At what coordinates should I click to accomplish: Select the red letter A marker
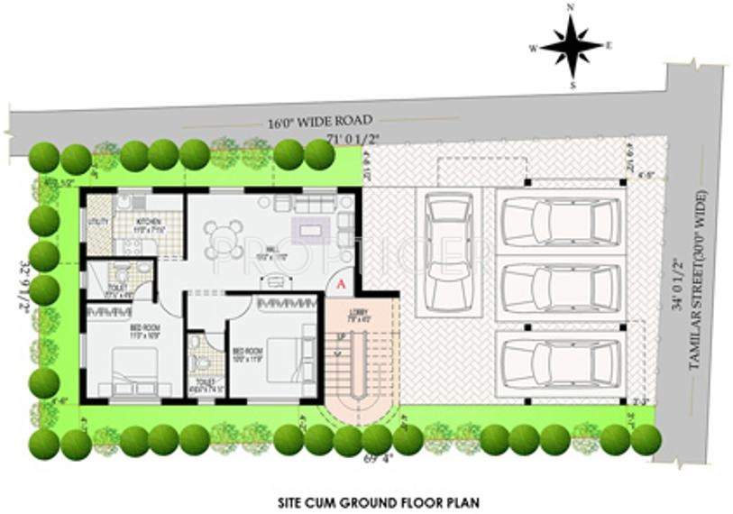pyautogui.click(x=340, y=283)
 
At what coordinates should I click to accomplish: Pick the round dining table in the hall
pyautogui.click(x=224, y=239)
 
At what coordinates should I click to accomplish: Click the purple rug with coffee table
pyautogui.click(x=312, y=230)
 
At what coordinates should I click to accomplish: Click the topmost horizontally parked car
pyautogui.click(x=560, y=220)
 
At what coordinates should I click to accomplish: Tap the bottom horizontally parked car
pyautogui.click(x=560, y=363)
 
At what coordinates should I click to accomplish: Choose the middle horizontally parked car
pyautogui.click(x=560, y=290)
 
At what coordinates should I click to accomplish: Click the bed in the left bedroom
pyautogui.click(x=133, y=370)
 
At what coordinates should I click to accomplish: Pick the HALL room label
pyautogui.click(x=266, y=256)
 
